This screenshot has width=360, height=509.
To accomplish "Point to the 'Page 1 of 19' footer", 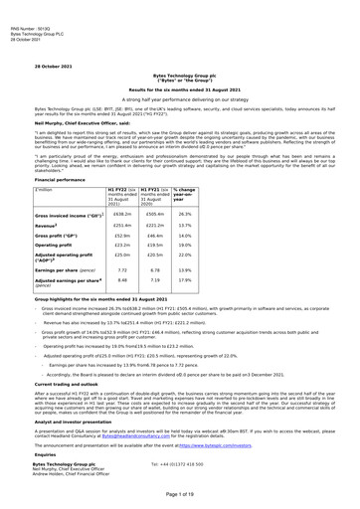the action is (179, 497).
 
